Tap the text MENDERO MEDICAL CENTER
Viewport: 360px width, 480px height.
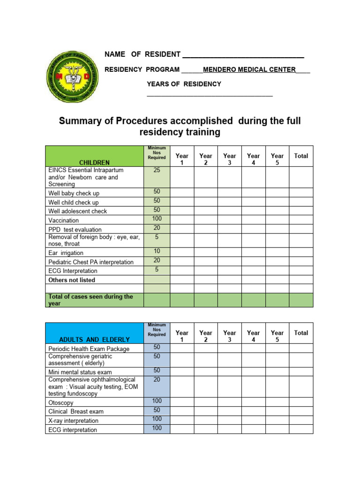pos(249,70)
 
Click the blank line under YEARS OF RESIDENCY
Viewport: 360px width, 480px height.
pos(210,95)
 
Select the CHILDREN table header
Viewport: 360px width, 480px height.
pos(94,163)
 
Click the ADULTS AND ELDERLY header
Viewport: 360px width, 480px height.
pos(94,339)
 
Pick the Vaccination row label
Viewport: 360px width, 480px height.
pos(64,220)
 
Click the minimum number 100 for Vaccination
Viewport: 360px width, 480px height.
pos(157,219)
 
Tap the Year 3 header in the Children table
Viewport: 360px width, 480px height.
pos(230,159)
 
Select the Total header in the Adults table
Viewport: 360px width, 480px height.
pos(301,333)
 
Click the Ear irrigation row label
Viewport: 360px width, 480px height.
pos(66,253)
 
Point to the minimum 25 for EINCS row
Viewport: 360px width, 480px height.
pos(157,171)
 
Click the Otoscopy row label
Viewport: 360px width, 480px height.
pos(60,403)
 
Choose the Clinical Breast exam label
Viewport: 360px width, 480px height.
pos(76,412)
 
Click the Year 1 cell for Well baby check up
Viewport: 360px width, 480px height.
pos(182,192)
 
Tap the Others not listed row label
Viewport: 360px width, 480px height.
pos(72,280)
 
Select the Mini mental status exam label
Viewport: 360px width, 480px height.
pos(80,372)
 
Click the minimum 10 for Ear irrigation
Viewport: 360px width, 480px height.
pos(157,251)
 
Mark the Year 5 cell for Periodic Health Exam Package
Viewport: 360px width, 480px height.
pos(277,348)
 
